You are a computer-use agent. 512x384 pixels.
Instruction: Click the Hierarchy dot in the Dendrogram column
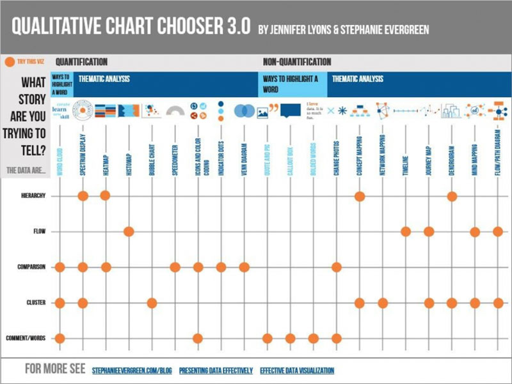[x=452, y=196]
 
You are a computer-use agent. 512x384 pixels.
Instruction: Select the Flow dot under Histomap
[x=129, y=231]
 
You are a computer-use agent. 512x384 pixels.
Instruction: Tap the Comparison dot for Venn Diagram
[x=244, y=267]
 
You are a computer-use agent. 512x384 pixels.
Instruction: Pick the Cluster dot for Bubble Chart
[x=152, y=302]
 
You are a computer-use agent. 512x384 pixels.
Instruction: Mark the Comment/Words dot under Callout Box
[x=290, y=338]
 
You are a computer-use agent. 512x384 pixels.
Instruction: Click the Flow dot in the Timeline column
[x=406, y=231]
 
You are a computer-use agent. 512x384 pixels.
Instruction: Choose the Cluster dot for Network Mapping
[x=383, y=302]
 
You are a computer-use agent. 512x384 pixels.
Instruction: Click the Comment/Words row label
[x=26, y=339]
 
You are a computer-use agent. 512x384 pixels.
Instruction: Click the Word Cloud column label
[x=60, y=154]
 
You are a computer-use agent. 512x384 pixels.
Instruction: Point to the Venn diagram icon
[x=244, y=111]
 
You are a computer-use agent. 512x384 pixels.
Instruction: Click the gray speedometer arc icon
[x=175, y=112]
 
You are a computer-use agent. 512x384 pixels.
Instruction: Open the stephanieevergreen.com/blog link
[x=131, y=371]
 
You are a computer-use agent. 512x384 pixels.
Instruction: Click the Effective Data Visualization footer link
[x=297, y=371]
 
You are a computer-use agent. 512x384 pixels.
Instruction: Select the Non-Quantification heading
[x=297, y=62]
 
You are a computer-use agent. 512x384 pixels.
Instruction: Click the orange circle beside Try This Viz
[x=9, y=62]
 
